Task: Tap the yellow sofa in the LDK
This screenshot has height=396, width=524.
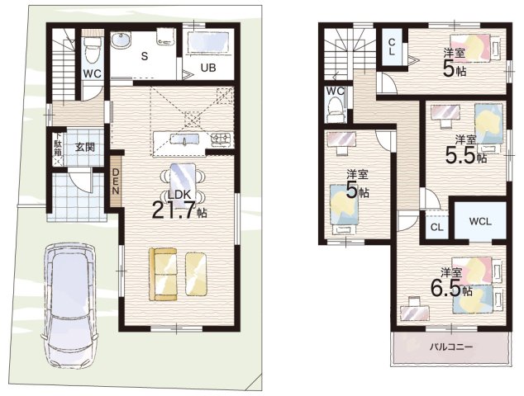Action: tap(163, 275)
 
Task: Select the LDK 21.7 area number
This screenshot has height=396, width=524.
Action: tap(173, 210)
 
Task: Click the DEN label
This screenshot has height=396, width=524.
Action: tap(116, 181)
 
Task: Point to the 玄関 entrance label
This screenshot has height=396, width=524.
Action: tap(84, 147)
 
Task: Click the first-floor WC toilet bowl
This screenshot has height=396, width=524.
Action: tap(92, 50)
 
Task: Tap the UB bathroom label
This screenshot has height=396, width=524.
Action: tap(208, 68)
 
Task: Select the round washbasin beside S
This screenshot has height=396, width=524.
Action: tap(121, 42)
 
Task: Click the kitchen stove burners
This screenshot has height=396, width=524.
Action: tap(221, 139)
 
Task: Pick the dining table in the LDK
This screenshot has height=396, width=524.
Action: tap(183, 183)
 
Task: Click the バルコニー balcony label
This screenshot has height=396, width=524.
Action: tap(450, 347)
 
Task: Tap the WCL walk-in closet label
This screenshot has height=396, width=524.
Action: tap(480, 222)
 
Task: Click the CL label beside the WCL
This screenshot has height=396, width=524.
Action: tap(436, 227)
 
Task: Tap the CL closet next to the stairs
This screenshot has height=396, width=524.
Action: tap(393, 48)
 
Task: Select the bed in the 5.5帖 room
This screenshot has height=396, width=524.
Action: tap(489, 124)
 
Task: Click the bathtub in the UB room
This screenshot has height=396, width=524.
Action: tap(208, 43)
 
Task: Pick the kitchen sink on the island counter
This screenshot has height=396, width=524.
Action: tap(184, 138)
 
